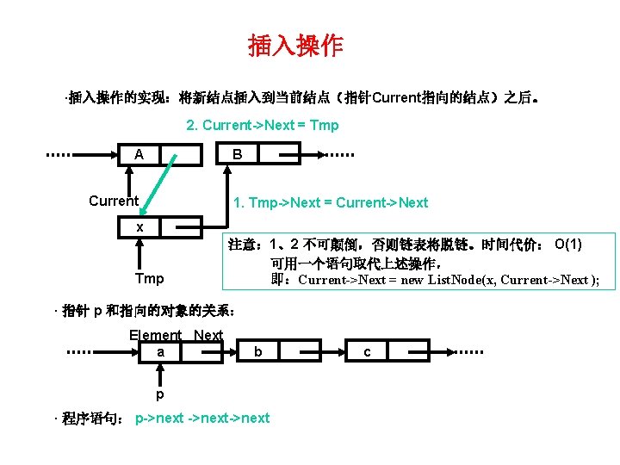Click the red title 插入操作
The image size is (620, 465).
click(x=295, y=46)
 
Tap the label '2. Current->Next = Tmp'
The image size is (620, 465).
click(x=263, y=125)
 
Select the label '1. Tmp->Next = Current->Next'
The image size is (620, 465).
click(x=331, y=202)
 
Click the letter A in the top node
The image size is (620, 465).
click(x=139, y=155)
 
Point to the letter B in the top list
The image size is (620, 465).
click(x=238, y=155)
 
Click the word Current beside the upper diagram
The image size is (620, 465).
click(x=114, y=201)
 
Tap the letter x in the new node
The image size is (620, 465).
click(x=139, y=226)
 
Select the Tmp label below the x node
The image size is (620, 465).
click(x=149, y=279)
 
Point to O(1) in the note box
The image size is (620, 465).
click(x=568, y=245)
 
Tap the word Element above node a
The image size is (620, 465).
click(x=155, y=335)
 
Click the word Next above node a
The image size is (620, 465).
click(x=208, y=335)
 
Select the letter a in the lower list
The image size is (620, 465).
click(x=160, y=351)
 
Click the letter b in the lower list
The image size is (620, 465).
click(x=258, y=351)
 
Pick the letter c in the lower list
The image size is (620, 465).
click(x=368, y=351)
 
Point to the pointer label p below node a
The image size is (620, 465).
click(x=160, y=394)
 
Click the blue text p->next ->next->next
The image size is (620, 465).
click(x=202, y=418)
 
